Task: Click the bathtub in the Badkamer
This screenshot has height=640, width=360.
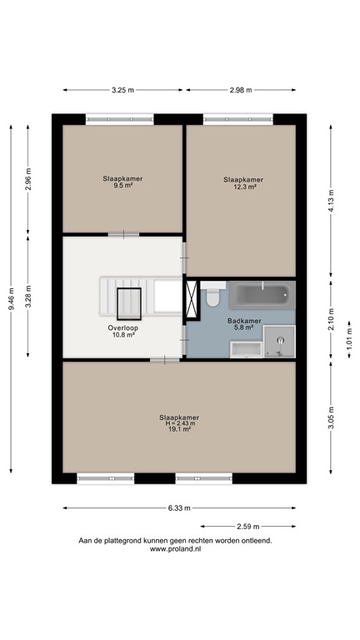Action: (260, 295)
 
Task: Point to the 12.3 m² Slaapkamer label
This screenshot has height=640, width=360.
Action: (243, 187)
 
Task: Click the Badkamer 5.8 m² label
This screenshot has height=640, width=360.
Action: (241, 323)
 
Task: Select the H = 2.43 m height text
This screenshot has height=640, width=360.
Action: (179, 423)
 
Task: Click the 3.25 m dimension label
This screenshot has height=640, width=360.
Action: (122, 90)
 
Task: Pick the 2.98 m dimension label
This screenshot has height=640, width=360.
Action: (241, 90)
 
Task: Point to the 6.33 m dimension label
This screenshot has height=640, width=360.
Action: (178, 507)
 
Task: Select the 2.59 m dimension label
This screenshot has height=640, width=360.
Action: (248, 526)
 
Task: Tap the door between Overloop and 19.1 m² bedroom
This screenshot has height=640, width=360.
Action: (164, 359)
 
